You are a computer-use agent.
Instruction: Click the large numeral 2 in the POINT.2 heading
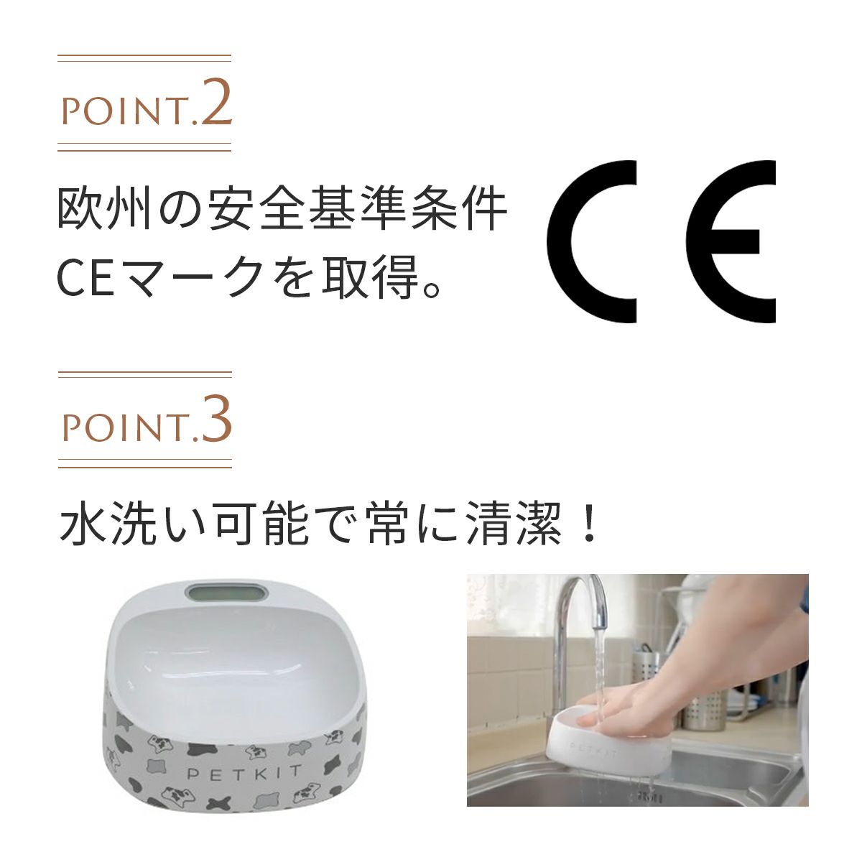[x=217, y=103]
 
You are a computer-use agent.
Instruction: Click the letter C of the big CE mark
[x=591, y=241]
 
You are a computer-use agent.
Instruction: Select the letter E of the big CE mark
[x=731, y=241]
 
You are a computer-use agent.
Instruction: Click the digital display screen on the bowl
[x=226, y=593]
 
